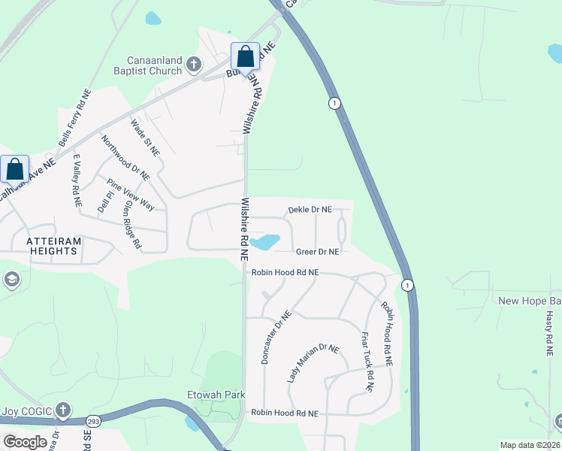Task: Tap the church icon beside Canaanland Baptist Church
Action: tap(194, 65)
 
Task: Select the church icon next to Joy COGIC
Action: tap(64, 410)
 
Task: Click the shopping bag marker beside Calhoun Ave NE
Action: tap(15, 169)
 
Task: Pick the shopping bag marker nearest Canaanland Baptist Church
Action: tap(245, 57)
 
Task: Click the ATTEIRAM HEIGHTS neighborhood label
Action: tap(43, 245)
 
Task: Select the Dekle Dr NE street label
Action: tap(310, 210)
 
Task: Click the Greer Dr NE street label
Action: tap(317, 252)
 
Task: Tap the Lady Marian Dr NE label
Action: tap(313, 364)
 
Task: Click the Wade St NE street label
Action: tap(145, 137)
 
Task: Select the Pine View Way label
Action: tap(130, 195)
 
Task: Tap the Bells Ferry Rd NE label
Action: tap(74, 119)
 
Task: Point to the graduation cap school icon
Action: tap(11, 280)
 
